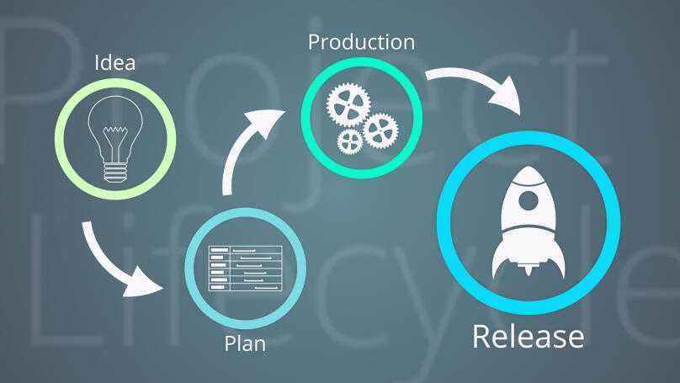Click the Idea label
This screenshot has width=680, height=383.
pos(115,63)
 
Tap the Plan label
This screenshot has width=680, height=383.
pos(244,343)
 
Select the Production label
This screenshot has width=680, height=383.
pos(361,41)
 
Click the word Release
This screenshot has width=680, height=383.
pos(528,336)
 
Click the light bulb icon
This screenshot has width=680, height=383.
pos(116,135)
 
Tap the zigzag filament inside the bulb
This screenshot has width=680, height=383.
pos(116,132)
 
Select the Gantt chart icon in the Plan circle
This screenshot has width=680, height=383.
pos(245,269)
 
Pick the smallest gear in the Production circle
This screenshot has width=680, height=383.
pos(349,141)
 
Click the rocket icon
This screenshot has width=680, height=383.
pos(528,223)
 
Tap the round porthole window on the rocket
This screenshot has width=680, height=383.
pos(528,200)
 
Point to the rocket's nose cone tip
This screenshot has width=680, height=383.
pos(528,169)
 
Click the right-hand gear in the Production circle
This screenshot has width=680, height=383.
pos(380,130)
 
